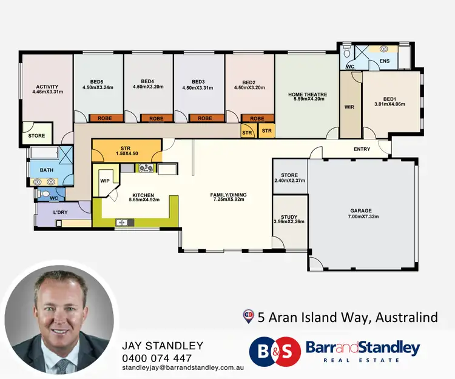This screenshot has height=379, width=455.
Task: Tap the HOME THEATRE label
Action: tap(307, 95)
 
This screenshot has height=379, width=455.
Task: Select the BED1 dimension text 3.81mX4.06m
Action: tap(389, 104)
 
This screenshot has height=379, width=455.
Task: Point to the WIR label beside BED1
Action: tap(349, 107)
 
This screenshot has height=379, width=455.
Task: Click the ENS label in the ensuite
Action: tap(384, 61)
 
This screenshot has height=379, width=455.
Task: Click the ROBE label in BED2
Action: tap(257, 119)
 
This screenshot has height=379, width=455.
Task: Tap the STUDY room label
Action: tap(289, 216)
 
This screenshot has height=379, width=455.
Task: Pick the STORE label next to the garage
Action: tap(289, 175)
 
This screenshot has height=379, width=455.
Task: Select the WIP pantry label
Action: tap(104, 180)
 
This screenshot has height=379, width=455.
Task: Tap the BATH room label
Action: tap(47, 170)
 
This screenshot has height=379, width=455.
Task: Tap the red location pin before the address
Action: tap(248, 315)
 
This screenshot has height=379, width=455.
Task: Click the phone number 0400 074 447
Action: tap(157, 358)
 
